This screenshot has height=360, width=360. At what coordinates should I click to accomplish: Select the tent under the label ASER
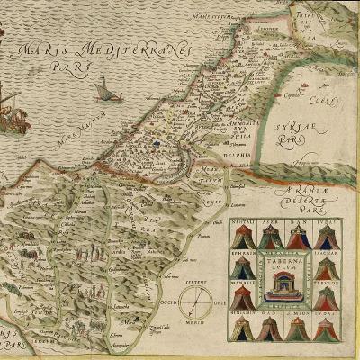click(272, 238)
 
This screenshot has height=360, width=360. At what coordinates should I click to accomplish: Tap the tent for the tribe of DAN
click(299, 238)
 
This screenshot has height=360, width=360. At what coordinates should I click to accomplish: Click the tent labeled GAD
click(272, 328)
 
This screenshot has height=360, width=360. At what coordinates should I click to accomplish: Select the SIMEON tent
click(299, 328)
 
